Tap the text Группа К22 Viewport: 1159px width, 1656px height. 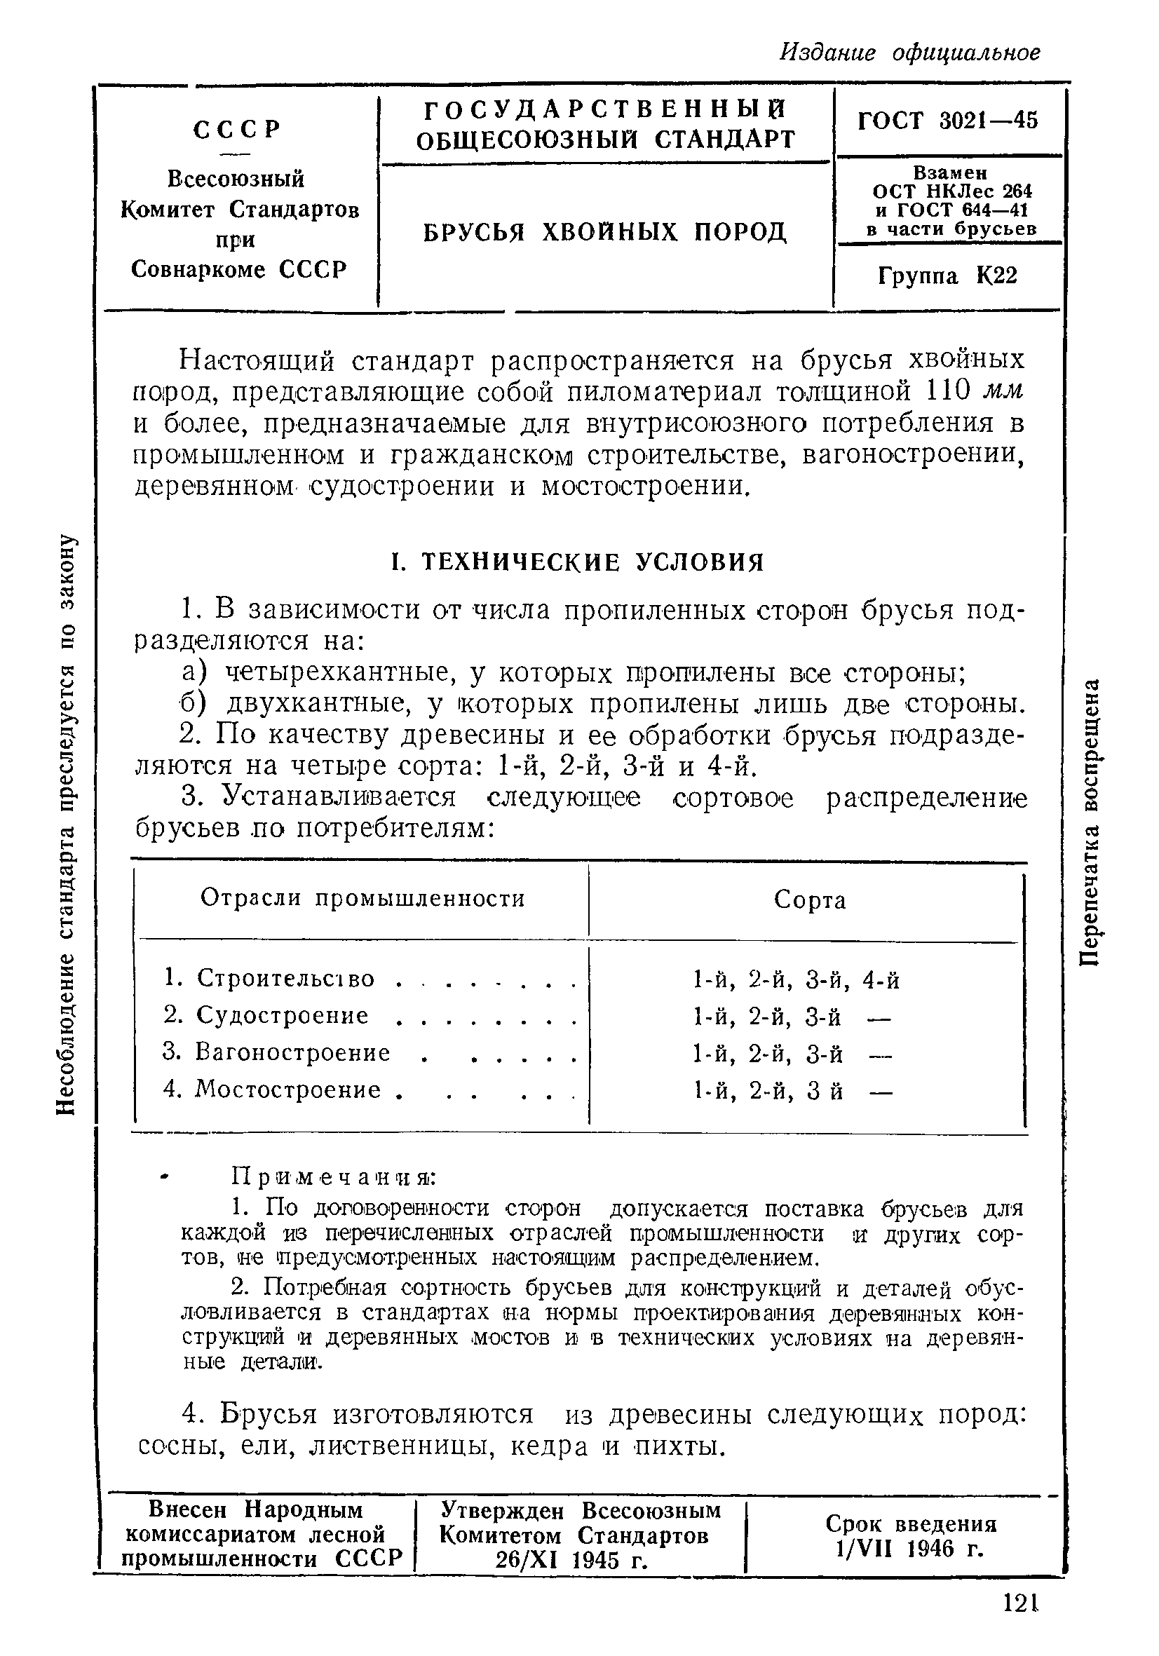pyautogui.click(x=948, y=276)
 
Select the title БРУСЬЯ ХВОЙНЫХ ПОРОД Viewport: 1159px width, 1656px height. pyautogui.click(x=604, y=232)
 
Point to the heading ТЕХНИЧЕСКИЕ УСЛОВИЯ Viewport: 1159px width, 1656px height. pyautogui.click(x=591, y=562)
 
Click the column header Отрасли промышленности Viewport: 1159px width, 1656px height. pyautogui.click(x=362, y=898)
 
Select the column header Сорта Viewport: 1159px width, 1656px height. pyautogui.click(x=809, y=900)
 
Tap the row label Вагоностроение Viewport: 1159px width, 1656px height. pyautogui.click(x=292, y=1052)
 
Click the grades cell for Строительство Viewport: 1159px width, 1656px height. pyautogui.click(x=796, y=979)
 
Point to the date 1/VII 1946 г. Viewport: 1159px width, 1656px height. pyautogui.click(x=911, y=1549)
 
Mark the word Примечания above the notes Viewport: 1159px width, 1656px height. pyautogui.click(x=333, y=1177)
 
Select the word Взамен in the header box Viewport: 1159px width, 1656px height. pyautogui.click(x=950, y=173)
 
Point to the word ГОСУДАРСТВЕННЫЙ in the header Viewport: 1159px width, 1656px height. pyautogui.click(x=604, y=109)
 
